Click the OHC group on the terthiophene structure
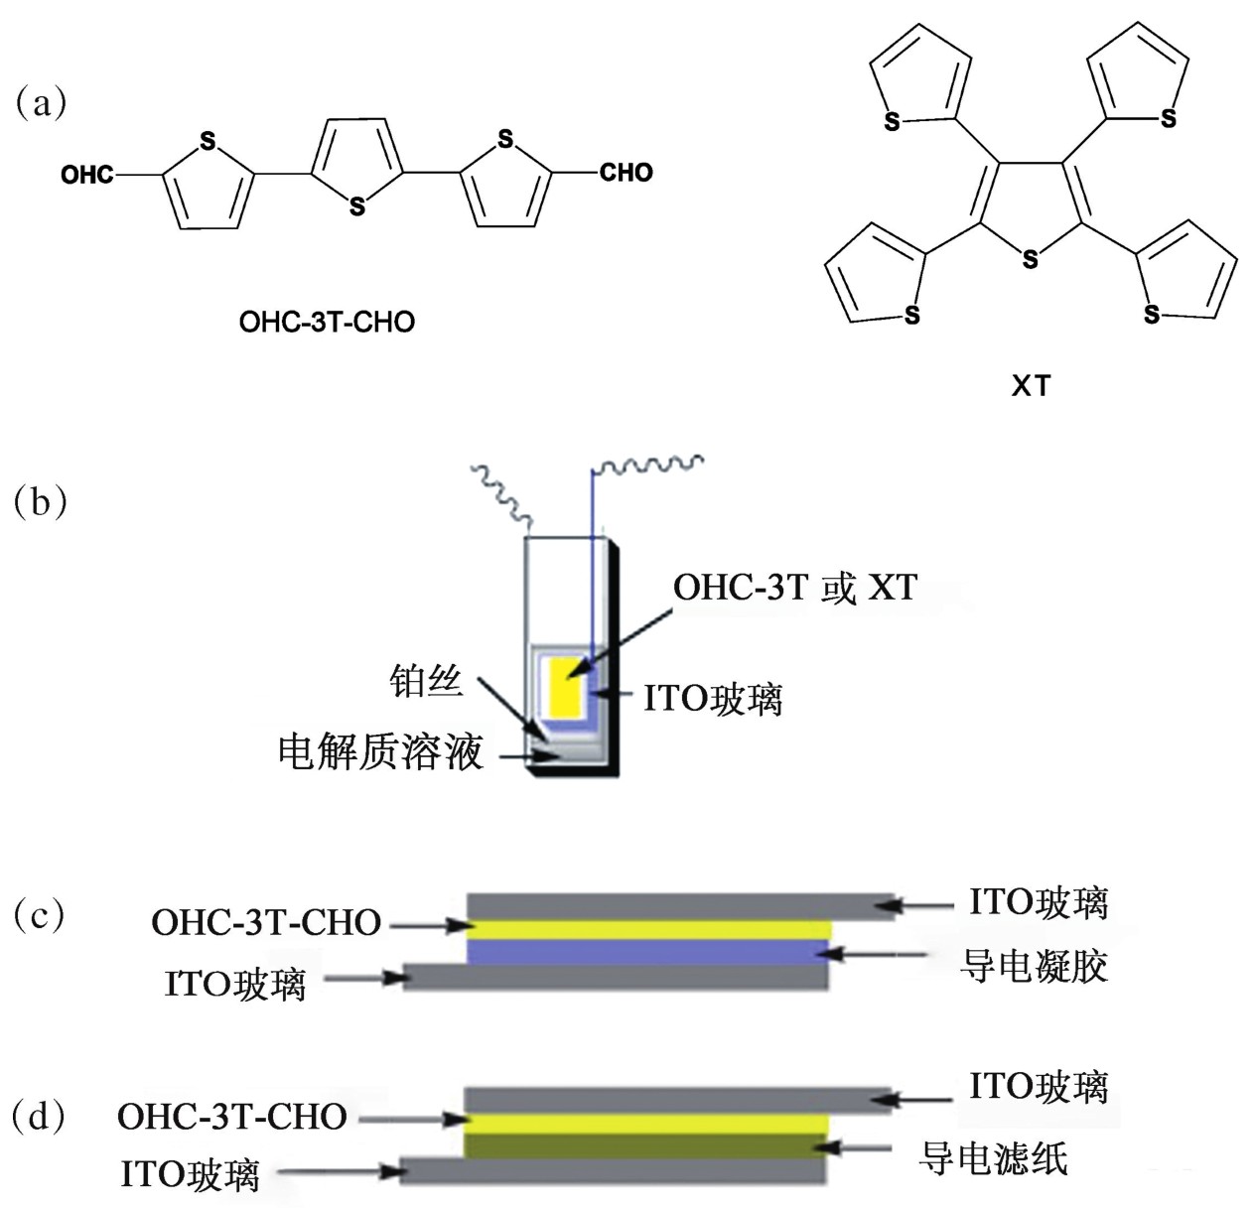(x=87, y=175)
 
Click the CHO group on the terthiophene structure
(x=626, y=173)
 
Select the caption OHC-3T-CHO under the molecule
(x=327, y=322)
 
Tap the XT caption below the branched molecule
(x=1031, y=386)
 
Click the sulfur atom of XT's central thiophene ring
(x=1031, y=260)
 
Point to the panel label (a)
(x=41, y=102)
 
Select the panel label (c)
(x=41, y=914)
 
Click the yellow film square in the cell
(x=564, y=684)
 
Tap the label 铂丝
(x=426, y=681)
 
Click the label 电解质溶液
(x=380, y=752)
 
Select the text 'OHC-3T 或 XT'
(x=794, y=588)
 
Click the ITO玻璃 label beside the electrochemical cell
(x=713, y=699)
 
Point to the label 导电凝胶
(x=1035, y=965)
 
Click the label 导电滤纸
(x=993, y=1157)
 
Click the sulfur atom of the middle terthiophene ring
(x=357, y=206)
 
